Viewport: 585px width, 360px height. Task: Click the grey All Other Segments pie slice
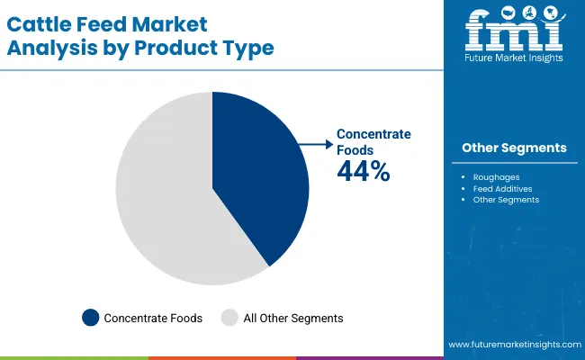[x=162, y=198]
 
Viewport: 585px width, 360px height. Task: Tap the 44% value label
[x=364, y=172]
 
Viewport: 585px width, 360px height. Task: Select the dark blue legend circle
[x=90, y=318]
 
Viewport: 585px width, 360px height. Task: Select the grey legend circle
[x=229, y=318]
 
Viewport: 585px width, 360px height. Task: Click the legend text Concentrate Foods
[x=153, y=318]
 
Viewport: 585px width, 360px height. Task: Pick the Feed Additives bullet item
[x=501, y=189]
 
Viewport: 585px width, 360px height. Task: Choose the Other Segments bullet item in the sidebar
[x=506, y=200]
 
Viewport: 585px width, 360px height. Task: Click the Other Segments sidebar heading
[x=514, y=148]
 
